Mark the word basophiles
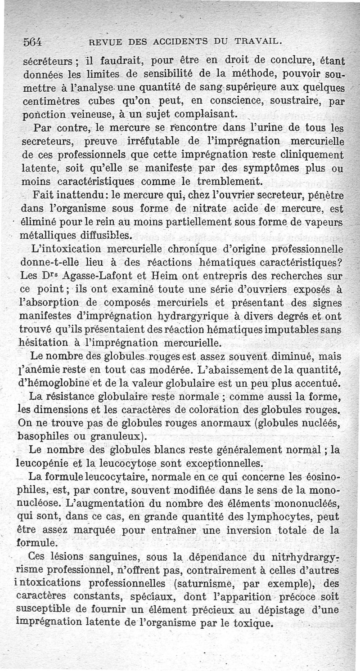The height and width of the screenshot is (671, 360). pyautogui.click(x=42, y=436)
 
